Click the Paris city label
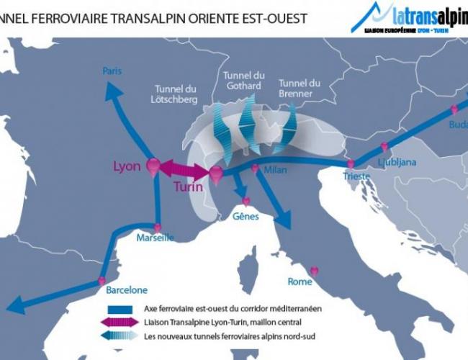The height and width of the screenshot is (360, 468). [x=112, y=71]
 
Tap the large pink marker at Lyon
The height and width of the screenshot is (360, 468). [x=153, y=166]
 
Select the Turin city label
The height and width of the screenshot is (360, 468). [x=188, y=186]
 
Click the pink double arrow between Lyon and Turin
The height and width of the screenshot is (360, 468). [x=184, y=171]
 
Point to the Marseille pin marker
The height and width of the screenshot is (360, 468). [x=158, y=228]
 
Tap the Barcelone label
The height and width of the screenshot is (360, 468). [x=127, y=291]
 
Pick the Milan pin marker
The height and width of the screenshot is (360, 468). [x=255, y=168]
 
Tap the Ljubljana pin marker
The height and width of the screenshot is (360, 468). [x=384, y=147]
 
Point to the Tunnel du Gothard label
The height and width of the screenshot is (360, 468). [x=245, y=81]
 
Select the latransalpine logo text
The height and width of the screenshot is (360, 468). [x=428, y=14]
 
